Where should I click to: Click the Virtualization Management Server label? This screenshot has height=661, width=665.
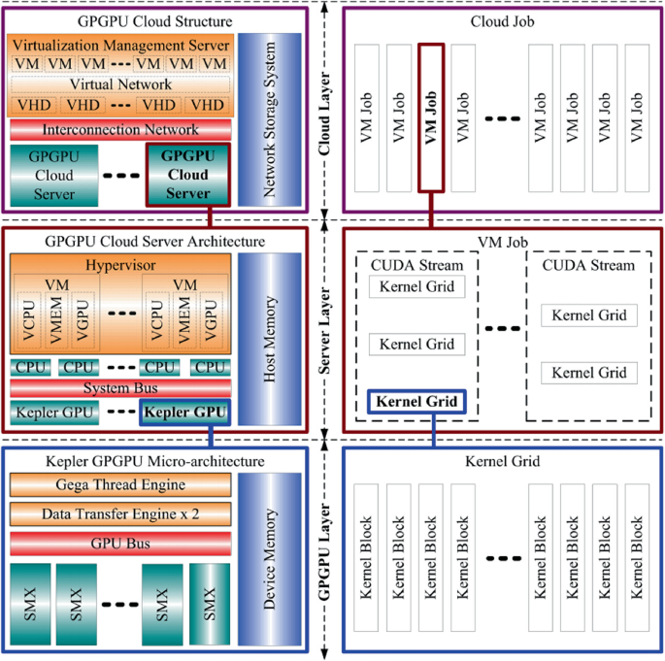(118, 45)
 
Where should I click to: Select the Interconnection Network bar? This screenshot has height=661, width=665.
(118, 129)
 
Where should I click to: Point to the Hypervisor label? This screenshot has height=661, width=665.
(118, 264)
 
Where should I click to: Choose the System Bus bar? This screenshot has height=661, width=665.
(118, 388)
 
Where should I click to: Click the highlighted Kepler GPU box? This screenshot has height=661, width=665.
(183, 412)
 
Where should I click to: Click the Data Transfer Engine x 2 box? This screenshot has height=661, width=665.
(118, 512)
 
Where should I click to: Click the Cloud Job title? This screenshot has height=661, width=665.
(499, 20)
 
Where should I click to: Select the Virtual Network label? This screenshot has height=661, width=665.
(118, 84)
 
